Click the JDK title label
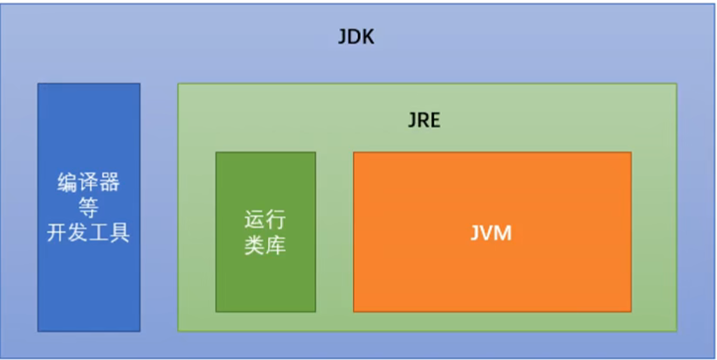click(357, 38)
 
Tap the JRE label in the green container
click(424, 121)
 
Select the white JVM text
click(492, 233)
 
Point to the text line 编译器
click(88, 183)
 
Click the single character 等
click(88, 208)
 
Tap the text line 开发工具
click(88, 233)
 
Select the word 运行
click(265, 219)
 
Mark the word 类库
click(265, 246)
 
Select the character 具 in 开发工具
click(120, 233)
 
